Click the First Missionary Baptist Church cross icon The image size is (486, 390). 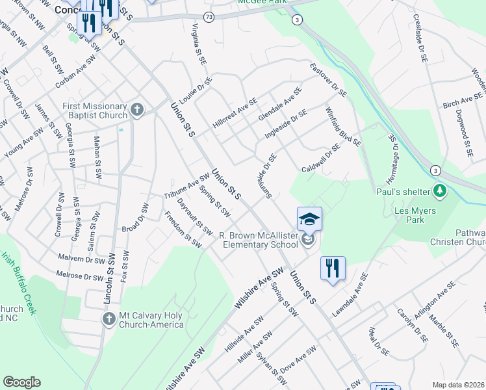[136, 109]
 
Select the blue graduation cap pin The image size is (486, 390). [309, 218]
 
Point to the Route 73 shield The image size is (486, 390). [208, 16]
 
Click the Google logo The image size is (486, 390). [21, 382]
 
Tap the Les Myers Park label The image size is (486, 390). [415, 216]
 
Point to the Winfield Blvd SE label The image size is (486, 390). [342, 127]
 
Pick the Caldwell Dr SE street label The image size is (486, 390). [321, 160]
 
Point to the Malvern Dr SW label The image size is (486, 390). [81, 259]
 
